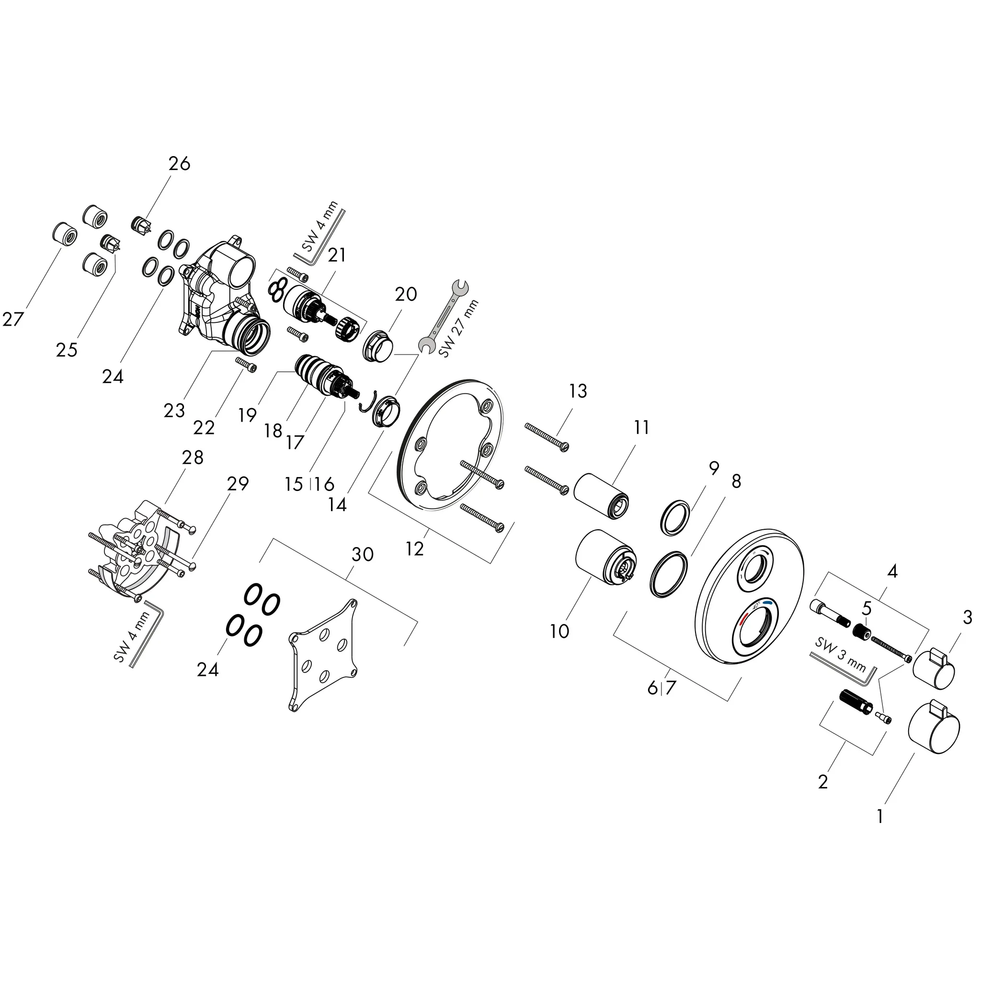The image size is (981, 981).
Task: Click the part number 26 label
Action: [x=179, y=163]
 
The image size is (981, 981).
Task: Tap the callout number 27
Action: [x=13, y=319]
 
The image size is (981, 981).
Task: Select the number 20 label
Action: [x=406, y=294]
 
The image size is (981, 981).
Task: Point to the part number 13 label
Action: [x=578, y=391]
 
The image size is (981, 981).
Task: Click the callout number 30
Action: [x=363, y=555]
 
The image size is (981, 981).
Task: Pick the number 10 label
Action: [x=559, y=632]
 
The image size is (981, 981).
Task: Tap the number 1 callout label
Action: [x=880, y=817]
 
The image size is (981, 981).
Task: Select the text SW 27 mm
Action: [x=459, y=329]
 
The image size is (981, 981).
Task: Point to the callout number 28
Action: [x=193, y=458]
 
